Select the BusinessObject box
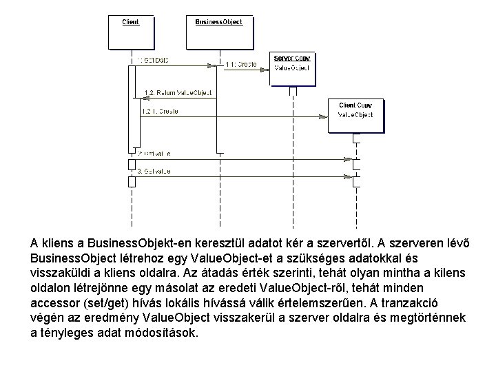click(x=219, y=31)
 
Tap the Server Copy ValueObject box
click(x=293, y=68)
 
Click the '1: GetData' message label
click(x=152, y=61)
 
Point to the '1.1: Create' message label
click(x=240, y=64)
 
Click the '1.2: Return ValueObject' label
click(x=177, y=92)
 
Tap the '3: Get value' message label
click(x=154, y=170)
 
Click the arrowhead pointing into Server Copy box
click(x=267, y=70)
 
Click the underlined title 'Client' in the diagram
click(x=130, y=22)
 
